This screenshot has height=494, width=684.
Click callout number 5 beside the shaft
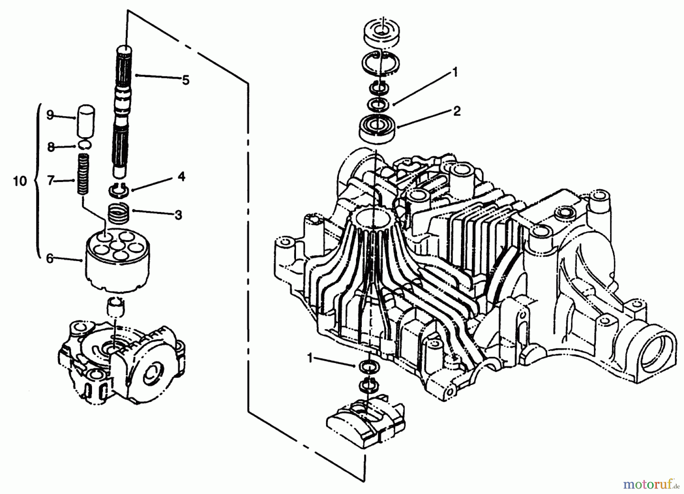coord(185,81)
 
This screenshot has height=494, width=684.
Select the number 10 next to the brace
coord(20,181)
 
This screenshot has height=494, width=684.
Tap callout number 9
coord(50,115)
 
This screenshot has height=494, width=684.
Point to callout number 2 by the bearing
coord(457,111)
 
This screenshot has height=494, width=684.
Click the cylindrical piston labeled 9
coord(86,122)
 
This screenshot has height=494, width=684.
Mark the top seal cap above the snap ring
coord(381,34)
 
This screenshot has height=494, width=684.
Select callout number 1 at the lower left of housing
coord(310,358)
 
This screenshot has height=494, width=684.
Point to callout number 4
coord(181,176)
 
